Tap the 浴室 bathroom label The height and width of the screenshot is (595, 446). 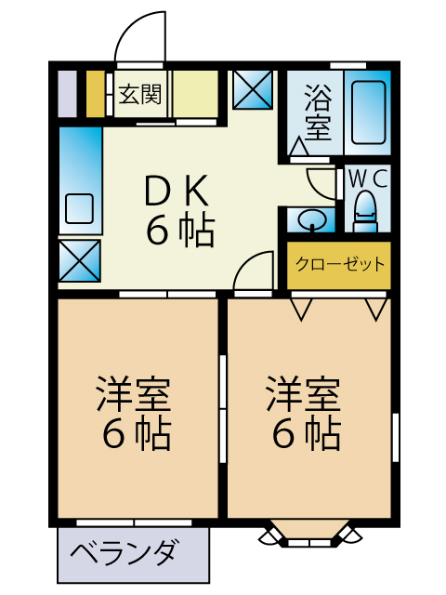(317, 112)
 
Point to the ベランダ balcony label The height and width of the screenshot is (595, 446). (124, 554)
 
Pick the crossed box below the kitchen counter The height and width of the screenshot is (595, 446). (79, 260)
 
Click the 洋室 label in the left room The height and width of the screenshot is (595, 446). (133, 395)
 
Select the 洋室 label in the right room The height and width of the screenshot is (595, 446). (304, 395)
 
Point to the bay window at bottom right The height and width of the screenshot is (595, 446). (310, 534)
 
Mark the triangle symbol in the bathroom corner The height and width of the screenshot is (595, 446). (300, 147)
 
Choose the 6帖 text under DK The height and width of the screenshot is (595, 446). (179, 229)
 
